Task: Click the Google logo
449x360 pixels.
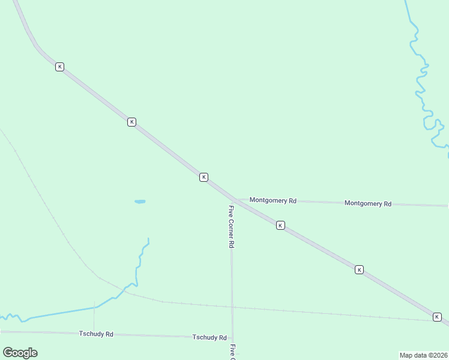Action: pyautogui.click(x=20, y=352)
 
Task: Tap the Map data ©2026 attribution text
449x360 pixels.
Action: pyautogui.click(x=423, y=355)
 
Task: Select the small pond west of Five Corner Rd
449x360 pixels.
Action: pyautogui.click(x=140, y=202)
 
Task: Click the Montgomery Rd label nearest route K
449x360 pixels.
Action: pyautogui.click(x=273, y=200)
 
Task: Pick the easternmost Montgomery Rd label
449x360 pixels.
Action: pyautogui.click(x=368, y=203)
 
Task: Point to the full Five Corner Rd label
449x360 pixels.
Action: pyautogui.click(x=231, y=227)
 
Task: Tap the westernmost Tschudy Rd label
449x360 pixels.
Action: pyautogui.click(x=96, y=334)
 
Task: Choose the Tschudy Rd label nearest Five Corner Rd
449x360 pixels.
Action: pyautogui.click(x=209, y=338)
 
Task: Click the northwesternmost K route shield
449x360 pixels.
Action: pyautogui.click(x=59, y=67)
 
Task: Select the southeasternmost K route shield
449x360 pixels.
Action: pyautogui.click(x=437, y=317)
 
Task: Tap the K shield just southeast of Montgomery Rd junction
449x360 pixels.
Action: pyautogui.click(x=280, y=225)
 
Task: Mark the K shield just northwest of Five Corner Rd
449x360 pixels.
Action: pyautogui.click(x=203, y=177)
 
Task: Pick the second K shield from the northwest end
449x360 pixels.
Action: pyautogui.click(x=131, y=122)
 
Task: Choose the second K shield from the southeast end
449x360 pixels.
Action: pyautogui.click(x=359, y=270)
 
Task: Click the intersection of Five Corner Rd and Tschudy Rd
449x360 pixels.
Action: pyautogui.click(x=232, y=337)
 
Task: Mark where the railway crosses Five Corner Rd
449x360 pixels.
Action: pyautogui.click(x=232, y=307)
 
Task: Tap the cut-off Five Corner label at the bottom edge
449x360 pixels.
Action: pyautogui.click(x=232, y=352)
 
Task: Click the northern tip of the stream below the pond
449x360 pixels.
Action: pyautogui.click(x=148, y=239)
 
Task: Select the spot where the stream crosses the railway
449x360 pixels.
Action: pyautogui.click(x=124, y=292)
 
